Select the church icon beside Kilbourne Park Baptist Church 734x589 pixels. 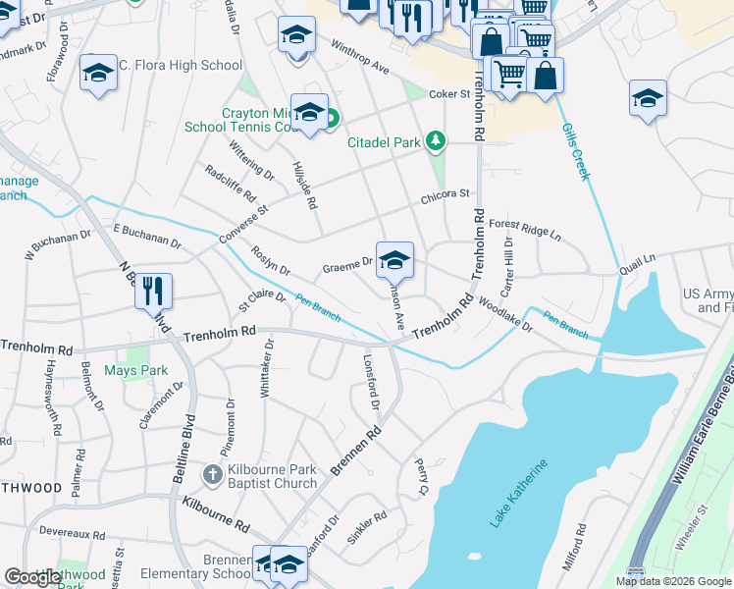[x=211, y=475]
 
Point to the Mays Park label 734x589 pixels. [x=136, y=370]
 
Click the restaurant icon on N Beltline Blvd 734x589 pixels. [x=153, y=292]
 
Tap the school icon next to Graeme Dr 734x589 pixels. [x=394, y=260]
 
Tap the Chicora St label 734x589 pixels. [x=446, y=194]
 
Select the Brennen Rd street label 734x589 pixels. [x=355, y=452]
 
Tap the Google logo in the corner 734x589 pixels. [x=32, y=578]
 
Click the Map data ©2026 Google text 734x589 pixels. [x=673, y=581]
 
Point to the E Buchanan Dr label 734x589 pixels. [x=147, y=235]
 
